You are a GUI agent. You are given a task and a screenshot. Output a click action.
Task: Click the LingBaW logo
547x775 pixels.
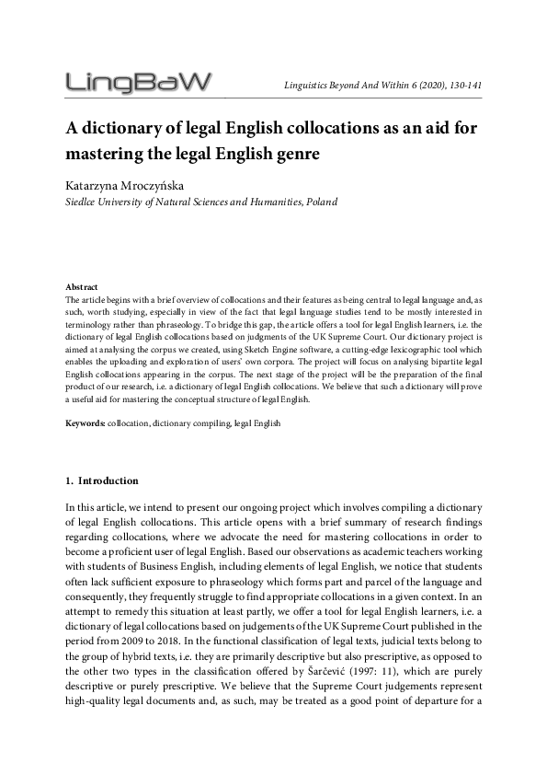pyautogui.click(x=138, y=84)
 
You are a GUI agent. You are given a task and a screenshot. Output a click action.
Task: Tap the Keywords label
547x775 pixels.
pyautogui.click(x=85, y=423)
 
